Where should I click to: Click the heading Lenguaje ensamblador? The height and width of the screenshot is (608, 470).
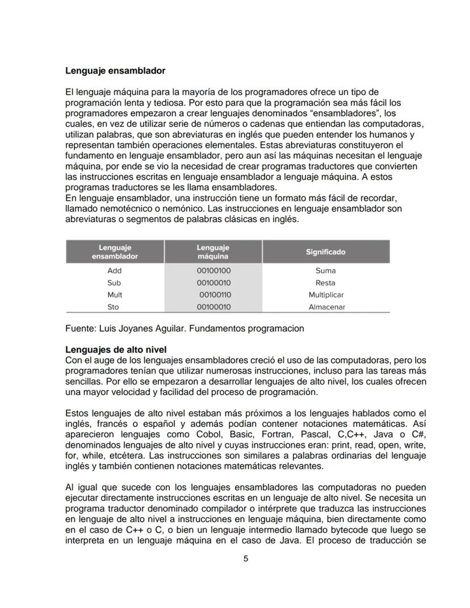115,71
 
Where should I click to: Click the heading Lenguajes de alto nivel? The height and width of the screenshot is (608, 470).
116,349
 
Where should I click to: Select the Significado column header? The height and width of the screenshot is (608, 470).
325,251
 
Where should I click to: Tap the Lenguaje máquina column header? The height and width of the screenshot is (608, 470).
213,251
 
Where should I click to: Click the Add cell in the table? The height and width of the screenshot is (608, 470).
115,271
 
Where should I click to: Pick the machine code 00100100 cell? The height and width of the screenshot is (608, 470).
213,271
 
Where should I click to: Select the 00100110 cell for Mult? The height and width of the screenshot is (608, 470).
215,295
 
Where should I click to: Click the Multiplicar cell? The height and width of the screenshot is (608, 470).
326,295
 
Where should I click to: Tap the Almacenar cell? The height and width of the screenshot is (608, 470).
326,307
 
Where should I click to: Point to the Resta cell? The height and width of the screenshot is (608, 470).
325,283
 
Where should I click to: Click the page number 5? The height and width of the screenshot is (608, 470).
246,559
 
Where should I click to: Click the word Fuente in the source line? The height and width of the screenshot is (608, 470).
81,328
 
